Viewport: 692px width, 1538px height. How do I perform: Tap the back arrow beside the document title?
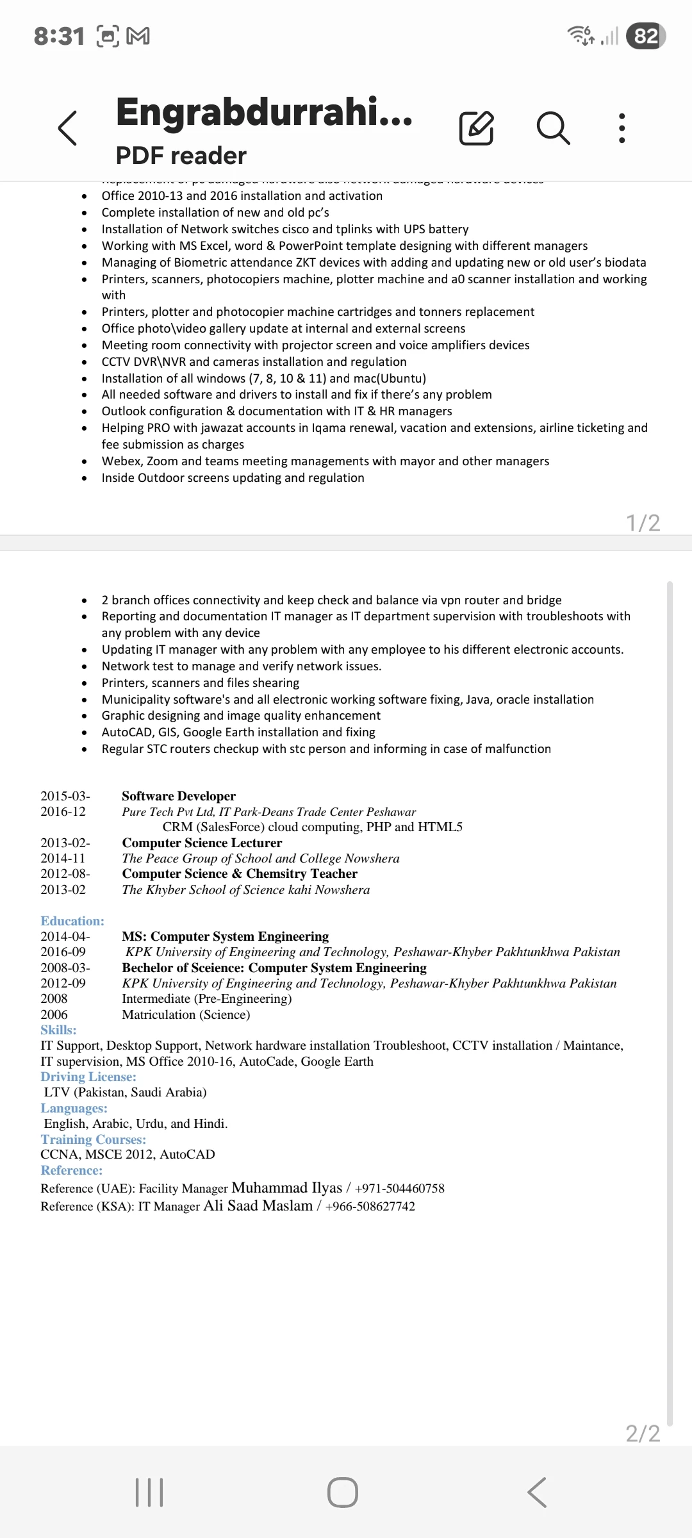(68, 128)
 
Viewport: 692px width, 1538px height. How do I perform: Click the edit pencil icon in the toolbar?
(477, 128)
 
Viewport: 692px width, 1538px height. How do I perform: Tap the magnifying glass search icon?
(553, 128)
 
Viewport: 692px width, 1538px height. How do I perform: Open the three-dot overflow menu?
(622, 128)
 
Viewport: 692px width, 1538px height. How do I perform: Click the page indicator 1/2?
(643, 523)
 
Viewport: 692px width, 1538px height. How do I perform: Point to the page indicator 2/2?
(643, 1433)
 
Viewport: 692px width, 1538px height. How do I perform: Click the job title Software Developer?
(179, 796)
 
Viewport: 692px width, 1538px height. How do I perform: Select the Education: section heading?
(72, 921)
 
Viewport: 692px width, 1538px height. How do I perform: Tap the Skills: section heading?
(58, 1030)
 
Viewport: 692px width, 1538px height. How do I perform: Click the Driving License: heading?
(88, 1077)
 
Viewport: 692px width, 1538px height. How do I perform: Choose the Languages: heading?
(74, 1108)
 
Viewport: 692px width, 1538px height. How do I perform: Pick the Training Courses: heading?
(94, 1139)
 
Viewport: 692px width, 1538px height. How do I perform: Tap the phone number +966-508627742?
(370, 1206)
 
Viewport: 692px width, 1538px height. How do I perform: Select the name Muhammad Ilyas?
(287, 1187)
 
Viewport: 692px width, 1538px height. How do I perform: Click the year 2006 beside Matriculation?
(54, 1014)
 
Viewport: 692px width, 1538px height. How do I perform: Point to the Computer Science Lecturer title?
(202, 843)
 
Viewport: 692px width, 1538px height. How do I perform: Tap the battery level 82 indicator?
(646, 36)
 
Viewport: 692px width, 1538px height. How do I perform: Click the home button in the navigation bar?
(343, 1493)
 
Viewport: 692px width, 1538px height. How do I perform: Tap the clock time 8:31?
(59, 37)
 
